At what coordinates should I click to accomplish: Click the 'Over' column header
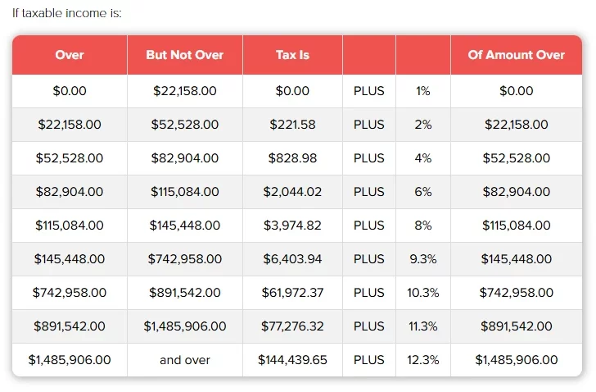[x=70, y=55]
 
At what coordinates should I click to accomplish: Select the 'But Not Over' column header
[x=184, y=55]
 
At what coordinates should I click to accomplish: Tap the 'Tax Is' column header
[x=292, y=55]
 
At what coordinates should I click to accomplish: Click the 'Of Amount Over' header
[x=516, y=55]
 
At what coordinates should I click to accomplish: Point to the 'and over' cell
[x=184, y=359]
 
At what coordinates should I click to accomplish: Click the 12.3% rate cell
[x=423, y=359]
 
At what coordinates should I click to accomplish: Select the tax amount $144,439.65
[x=292, y=359]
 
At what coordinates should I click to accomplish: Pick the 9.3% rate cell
[x=423, y=258]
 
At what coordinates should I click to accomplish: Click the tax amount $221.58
[x=292, y=125]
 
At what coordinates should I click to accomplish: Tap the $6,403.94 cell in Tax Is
[x=292, y=258]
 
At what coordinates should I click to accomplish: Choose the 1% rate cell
[x=423, y=91]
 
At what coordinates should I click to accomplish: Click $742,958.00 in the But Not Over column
[x=184, y=258]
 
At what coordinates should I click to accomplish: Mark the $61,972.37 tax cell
[x=292, y=292]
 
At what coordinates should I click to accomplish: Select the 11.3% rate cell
[x=423, y=326]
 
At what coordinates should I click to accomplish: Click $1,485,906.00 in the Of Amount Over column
[x=516, y=359]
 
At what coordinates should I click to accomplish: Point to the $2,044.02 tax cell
[x=292, y=192]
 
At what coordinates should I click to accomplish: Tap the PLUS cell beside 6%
[x=368, y=192]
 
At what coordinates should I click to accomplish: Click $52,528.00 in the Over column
[x=70, y=158]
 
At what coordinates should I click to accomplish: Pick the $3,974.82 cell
[x=292, y=225]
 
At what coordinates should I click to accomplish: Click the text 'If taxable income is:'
[x=67, y=14]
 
